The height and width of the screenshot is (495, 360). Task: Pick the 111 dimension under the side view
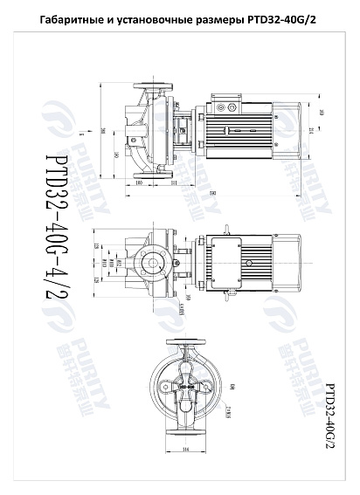174,184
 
